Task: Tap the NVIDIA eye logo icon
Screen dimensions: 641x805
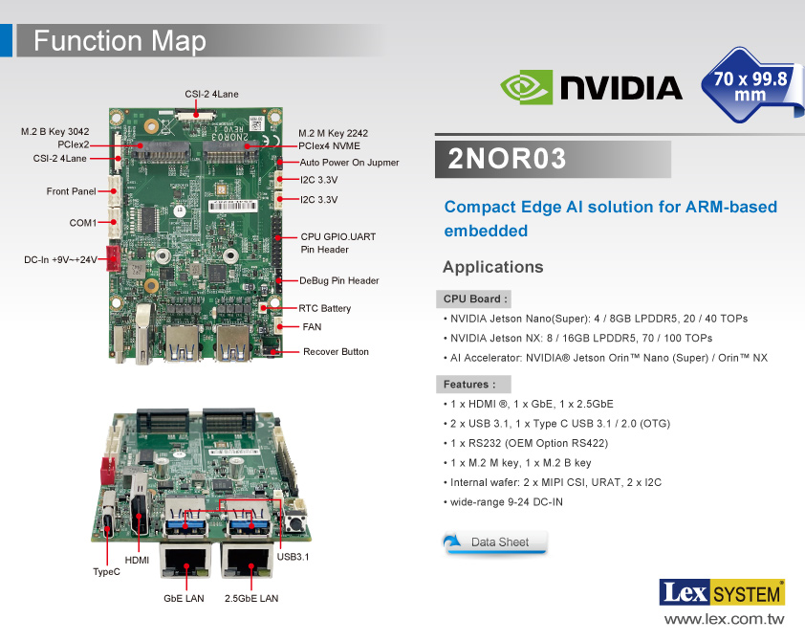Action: point(527,87)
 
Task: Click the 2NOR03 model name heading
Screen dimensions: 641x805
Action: point(508,159)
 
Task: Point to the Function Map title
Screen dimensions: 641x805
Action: point(120,41)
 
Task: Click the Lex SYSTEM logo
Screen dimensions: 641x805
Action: point(722,593)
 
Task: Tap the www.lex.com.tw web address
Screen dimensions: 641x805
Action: point(724,620)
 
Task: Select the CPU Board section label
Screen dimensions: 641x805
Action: point(476,299)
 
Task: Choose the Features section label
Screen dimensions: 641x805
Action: point(468,385)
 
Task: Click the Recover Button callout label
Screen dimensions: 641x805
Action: point(336,352)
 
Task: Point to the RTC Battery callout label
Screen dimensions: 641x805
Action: point(325,309)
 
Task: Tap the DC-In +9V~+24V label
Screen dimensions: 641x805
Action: point(60,259)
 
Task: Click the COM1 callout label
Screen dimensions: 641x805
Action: point(82,223)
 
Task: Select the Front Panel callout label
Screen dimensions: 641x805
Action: point(71,191)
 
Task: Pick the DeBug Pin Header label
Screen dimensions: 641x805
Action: point(339,281)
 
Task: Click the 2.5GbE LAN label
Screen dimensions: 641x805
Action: point(251,599)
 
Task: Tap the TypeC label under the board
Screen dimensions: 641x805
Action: point(106,572)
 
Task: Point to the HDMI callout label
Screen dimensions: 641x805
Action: point(137,560)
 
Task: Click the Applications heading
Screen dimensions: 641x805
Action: point(492,267)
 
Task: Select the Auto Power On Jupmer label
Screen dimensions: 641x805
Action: point(349,163)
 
